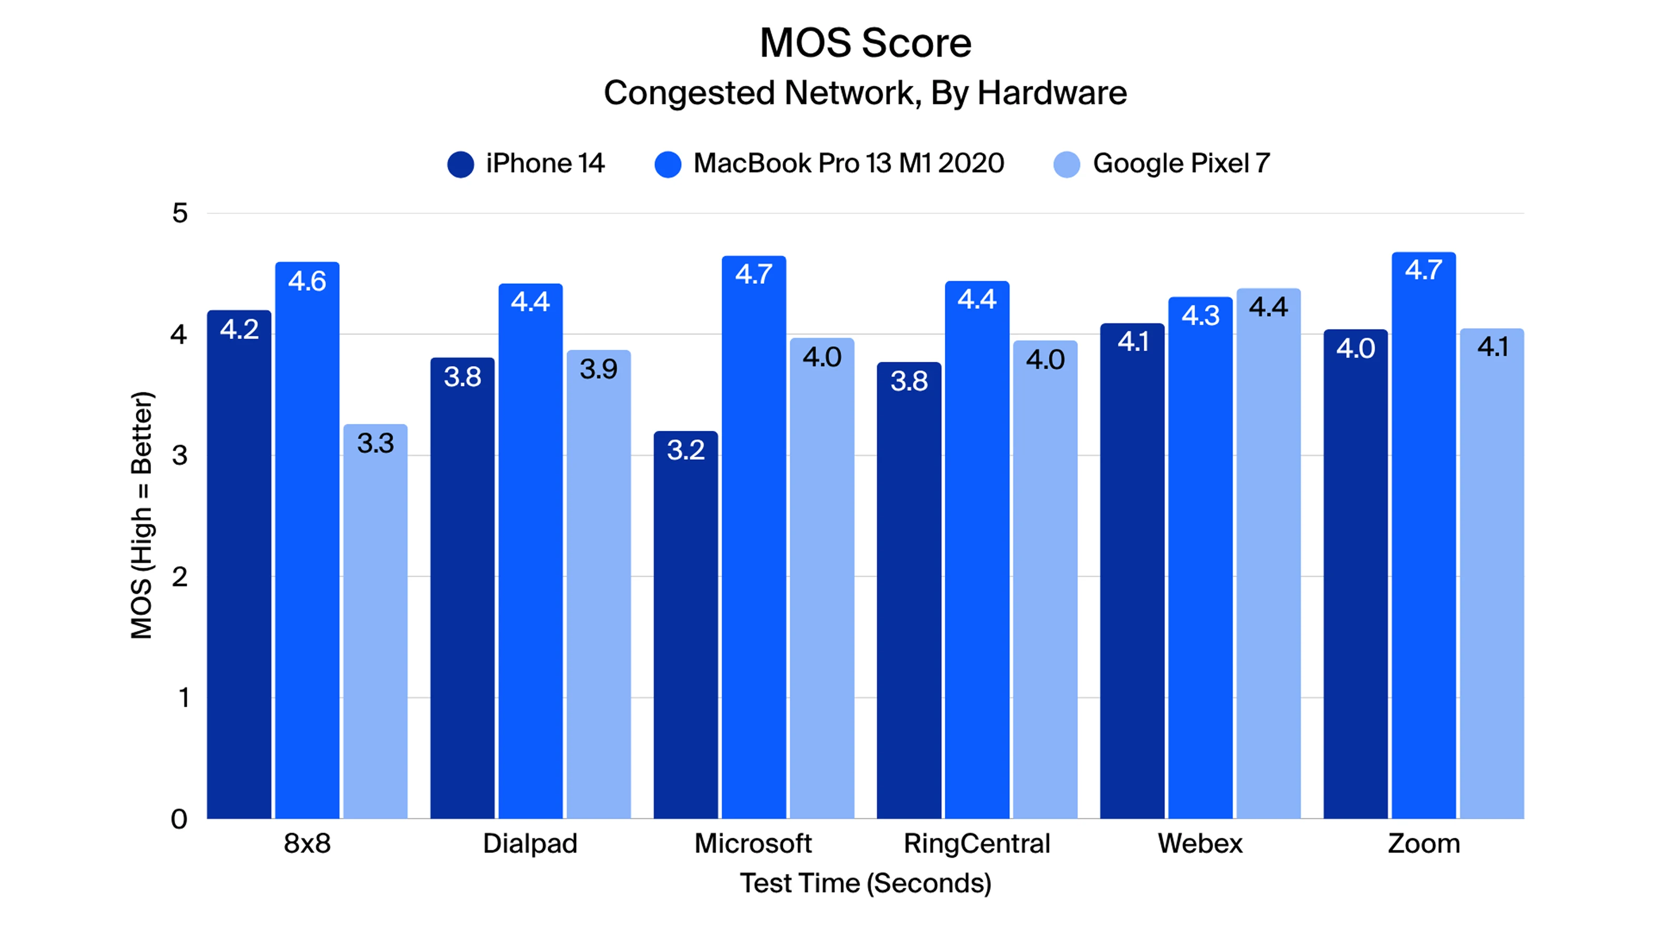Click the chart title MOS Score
click(865, 43)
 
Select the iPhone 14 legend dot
click(460, 164)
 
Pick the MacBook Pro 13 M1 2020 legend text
click(848, 163)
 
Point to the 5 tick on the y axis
click(180, 213)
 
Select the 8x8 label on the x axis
click(307, 843)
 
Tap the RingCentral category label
click(976, 843)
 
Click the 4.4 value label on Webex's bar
click(1268, 307)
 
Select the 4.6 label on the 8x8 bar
click(307, 281)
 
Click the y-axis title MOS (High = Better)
click(142, 516)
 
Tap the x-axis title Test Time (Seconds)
click(865, 883)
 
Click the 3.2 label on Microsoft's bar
click(685, 450)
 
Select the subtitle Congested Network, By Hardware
click(865, 93)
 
